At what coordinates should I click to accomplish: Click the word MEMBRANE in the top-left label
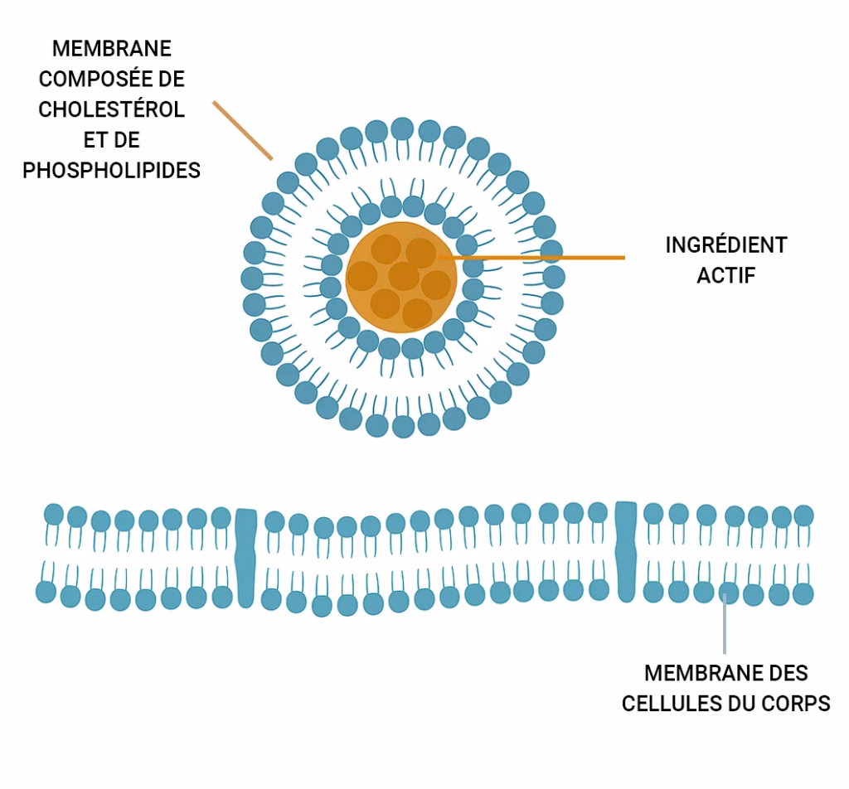click(112, 49)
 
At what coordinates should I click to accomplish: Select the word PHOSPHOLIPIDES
click(112, 171)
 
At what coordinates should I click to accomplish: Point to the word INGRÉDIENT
click(726, 244)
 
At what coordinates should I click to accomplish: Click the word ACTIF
click(726, 275)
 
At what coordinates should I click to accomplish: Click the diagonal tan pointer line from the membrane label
click(243, 130)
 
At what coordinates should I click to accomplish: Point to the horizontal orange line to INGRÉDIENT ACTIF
click(531, 258)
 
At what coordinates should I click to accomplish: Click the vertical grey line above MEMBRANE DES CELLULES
click(725, 623)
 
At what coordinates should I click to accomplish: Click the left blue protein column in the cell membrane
click(246, 558)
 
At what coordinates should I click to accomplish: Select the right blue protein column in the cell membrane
click(627, 551)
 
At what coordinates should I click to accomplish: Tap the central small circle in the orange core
click(404, 276)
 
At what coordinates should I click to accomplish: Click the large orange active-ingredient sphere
click(401, 277)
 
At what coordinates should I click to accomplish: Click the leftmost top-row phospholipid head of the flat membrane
click(54, 514)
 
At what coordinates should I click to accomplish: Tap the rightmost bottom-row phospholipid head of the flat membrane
click(803, 593)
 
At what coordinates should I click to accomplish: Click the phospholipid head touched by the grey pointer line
click(729, 593)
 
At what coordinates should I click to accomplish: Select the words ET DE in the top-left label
click(112, 140)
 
